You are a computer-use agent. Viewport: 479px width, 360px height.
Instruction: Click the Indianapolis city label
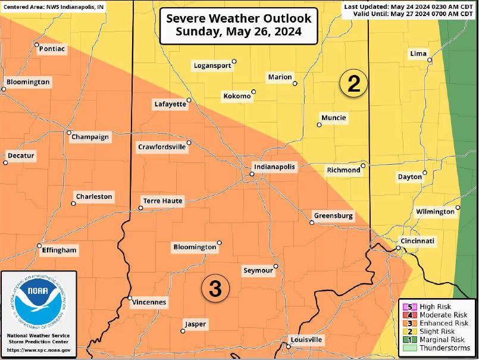(x=274, y=167)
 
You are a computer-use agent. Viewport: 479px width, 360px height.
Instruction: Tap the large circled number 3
(x=215, y=289)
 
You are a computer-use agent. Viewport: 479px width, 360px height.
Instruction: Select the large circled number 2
(x=353, y=84)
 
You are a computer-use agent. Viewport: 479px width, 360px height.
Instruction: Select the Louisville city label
(x=306, y=339)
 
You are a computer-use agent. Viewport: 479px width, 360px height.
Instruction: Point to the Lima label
(x=418, y=54)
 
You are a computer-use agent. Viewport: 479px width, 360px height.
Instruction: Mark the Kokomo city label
(x=237, y=96)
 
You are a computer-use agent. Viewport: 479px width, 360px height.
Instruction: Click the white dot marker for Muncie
(x=319, y=124)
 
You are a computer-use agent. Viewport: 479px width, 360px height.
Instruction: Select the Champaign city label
(x=90, y=137)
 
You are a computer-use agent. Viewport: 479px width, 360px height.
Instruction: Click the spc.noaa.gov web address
(x=39, y=350)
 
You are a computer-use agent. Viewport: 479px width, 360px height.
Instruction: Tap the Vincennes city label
(x=148, y=302)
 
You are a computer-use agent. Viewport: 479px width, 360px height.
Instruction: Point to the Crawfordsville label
(x=162, y=146)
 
